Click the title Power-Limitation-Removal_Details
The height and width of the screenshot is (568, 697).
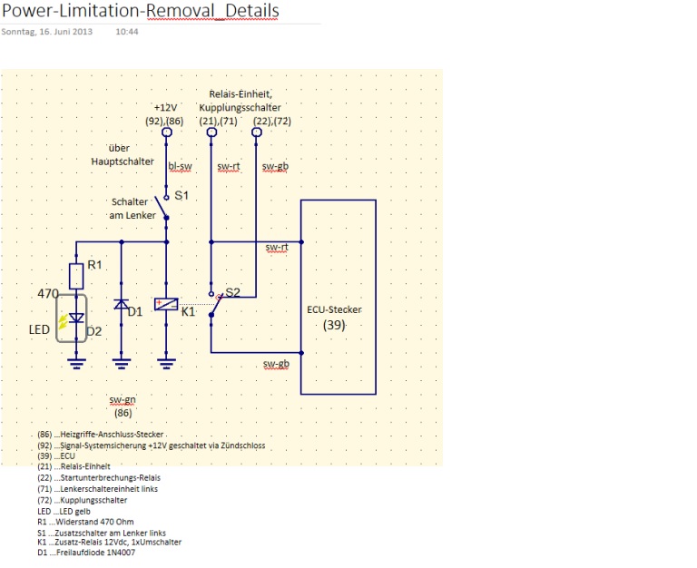(x=140, y=12)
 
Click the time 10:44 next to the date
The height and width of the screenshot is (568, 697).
(x=127, y=31)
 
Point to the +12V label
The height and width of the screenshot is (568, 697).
(x=166, y=107)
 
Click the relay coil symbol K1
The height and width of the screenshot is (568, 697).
(x=166, y=305)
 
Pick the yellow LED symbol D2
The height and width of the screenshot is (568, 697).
(x=76, y=318)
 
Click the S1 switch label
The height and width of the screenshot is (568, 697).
(x=182, y=195)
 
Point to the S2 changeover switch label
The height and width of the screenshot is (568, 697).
(x=233, y=293)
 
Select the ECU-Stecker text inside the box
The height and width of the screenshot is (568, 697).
(x=335, y=310)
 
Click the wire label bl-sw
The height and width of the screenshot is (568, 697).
(x=180, y=166)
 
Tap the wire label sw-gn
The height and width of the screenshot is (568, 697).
(x=123, y=399)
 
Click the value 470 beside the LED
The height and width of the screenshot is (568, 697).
(x=48, y=294)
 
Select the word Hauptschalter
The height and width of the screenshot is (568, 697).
(x=123, y=162)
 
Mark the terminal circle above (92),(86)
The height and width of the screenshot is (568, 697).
(x=167, y=132)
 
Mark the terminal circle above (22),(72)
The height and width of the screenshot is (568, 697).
(x=256, y=132)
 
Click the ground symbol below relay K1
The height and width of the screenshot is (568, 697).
(x=166, y=364)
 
